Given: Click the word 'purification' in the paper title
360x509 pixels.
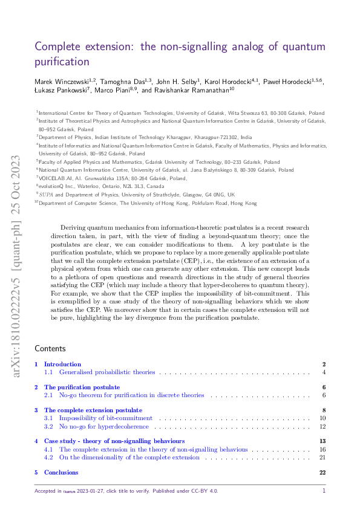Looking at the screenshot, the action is pyautogui.click(x=62, y=62).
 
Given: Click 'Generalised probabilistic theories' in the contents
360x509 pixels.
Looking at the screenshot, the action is pyautogui.click(x=106, y=372).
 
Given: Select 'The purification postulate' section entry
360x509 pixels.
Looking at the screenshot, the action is pyautogui.click(x=82, y=387).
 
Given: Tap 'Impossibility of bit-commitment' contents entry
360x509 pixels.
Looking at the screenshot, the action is pyautogui.click(x=106, y=418).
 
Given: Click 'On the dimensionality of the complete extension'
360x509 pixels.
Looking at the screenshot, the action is pyautogui.click(x=129, y=458).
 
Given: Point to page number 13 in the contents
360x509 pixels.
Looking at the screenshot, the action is pyautogui.click(x=323, y=441).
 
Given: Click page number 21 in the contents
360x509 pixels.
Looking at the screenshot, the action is pyautogui.click(x=323, y=458).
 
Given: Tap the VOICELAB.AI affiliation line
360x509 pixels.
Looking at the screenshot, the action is pyautogui.click(x=113, y=179).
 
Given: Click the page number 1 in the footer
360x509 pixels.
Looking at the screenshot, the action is pyautogui.click(x=324, y=491).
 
